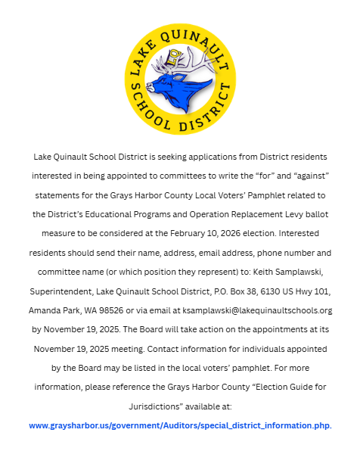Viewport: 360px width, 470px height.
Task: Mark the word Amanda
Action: pos(48,310)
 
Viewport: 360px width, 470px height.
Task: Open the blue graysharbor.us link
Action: pos(179,425)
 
